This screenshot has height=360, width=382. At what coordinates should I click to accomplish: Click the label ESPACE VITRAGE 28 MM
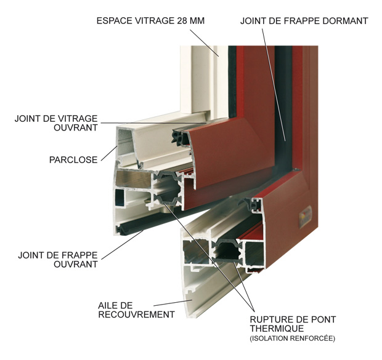150,21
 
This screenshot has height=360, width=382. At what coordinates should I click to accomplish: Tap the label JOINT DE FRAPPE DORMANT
304,21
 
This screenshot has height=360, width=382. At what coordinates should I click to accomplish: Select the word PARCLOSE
73,160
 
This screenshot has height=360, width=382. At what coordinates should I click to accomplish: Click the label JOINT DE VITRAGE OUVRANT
56,123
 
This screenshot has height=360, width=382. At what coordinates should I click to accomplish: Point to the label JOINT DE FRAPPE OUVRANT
58,260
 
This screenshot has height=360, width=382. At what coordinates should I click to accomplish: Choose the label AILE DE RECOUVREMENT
136,310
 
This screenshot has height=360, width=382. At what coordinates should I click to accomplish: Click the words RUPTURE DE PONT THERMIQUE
293,324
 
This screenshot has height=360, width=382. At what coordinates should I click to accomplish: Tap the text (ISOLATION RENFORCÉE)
292,338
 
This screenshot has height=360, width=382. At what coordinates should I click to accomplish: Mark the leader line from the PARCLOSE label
109,153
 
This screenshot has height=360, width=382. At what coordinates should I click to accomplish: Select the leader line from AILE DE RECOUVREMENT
173,303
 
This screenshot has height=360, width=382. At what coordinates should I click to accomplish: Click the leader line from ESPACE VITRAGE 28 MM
204,43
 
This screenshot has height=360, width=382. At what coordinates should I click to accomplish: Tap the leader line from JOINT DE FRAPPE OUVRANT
122,245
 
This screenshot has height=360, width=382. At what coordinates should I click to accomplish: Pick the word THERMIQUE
277,329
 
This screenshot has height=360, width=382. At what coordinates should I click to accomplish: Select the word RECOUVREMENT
136,314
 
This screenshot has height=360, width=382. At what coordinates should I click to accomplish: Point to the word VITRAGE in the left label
78,119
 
